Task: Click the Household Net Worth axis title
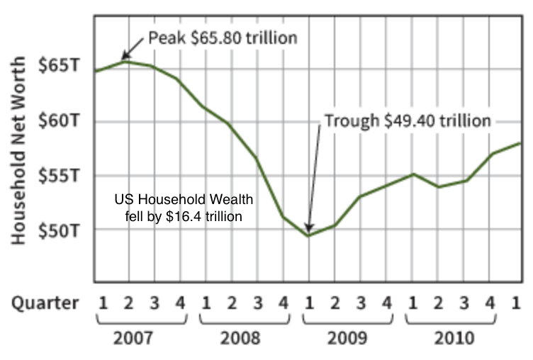tap(18, 152)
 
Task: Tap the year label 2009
tap(347, 337)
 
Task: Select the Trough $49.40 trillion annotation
tap(407, 121)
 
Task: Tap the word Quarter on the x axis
tap(45, 303)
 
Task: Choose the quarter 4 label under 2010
tap(490, 303)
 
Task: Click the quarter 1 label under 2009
tap(309, 303)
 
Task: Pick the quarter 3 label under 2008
tap(257, 303)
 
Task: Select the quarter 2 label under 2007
tap(128, 303)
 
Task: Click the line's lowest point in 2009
tap(308, 235)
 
